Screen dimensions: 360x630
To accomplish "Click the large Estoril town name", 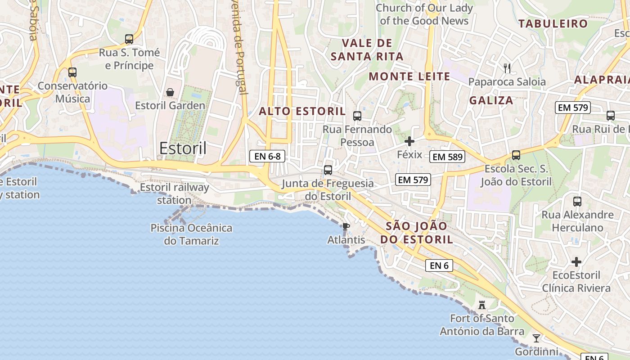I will (x=183, y=148).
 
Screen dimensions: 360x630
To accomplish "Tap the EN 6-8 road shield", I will (x=267, y=156).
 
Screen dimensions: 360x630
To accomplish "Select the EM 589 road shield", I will (x=447, y=157).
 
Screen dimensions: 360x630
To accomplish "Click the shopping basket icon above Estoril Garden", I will (x=170, y=92).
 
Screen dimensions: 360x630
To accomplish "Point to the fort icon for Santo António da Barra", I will (x=482, y=306).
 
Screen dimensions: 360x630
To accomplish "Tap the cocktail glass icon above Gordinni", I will (x=536, y=338).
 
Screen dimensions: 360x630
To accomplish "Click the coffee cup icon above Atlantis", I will (x=346, y=226).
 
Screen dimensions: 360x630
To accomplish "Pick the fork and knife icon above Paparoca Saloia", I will (x=507, y=68).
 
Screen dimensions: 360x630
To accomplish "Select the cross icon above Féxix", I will (x=409, y=141).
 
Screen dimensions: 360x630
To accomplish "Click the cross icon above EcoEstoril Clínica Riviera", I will (x=576, y=262).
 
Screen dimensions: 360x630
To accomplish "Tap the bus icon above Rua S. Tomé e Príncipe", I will (x=129, y=39).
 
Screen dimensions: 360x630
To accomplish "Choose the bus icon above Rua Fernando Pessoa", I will (x=357, y=116).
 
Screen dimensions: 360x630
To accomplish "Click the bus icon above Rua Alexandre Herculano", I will (x=577, y=201).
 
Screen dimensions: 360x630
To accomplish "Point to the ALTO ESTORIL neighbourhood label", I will (x=302, y=111).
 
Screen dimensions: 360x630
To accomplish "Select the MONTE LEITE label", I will (x=409, y=76).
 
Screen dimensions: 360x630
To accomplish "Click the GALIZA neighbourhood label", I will (x=491, y=100).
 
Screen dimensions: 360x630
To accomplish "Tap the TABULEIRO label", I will (x=553, y=24).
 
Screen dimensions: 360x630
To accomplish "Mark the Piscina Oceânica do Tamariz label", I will (x=191, y=234).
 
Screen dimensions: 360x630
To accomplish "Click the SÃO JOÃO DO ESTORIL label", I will (x=417, y=233).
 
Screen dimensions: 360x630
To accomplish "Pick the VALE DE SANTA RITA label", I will (x=367, y=50).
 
